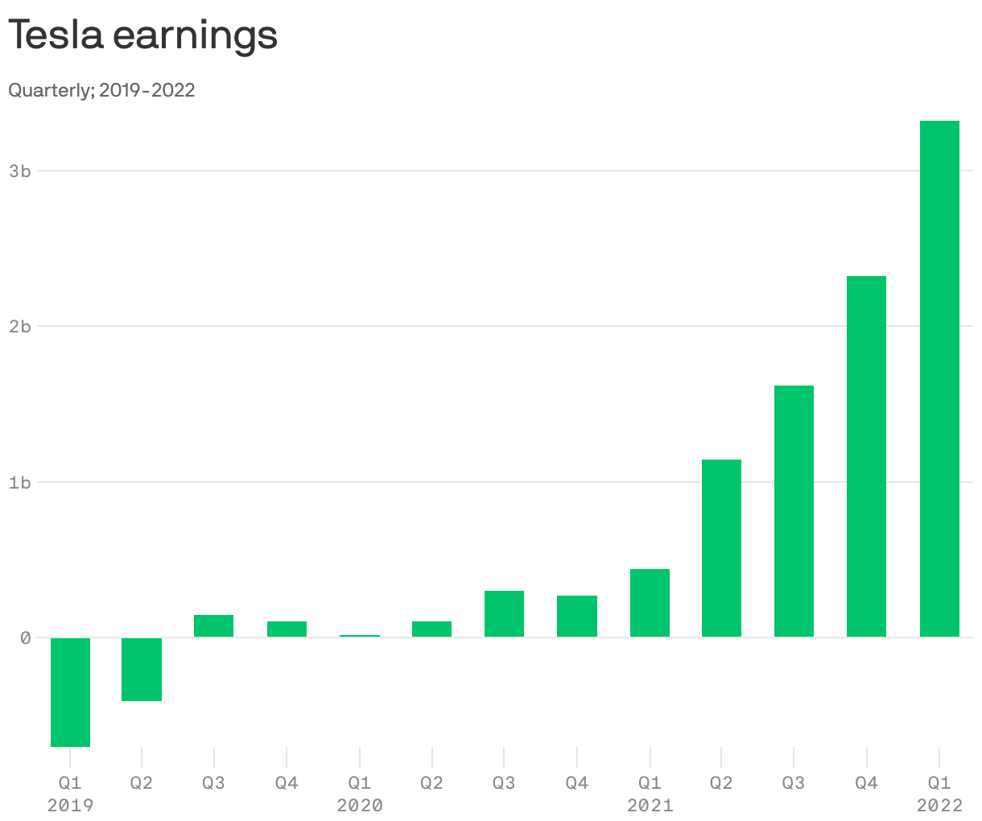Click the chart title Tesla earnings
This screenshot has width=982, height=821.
point(143,35)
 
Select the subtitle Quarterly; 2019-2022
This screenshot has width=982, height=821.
point(101,90)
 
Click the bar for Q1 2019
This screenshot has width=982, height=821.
point(70,692)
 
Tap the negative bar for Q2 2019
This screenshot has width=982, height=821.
point(142,669)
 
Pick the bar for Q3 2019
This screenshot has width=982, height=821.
point(213,626)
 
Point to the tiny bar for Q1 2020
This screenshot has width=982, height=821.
point(359,636)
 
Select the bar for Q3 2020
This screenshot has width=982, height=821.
point(504,614)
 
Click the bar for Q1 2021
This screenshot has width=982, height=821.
point(650,603)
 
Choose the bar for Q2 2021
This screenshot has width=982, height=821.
point(721,548)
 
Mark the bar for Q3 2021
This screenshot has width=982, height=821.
point(794,511)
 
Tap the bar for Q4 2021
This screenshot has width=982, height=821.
point(866,456)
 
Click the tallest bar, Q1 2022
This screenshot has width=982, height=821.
point(939,378)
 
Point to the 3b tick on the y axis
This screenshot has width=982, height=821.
point(20,171)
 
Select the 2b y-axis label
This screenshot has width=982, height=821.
point(20,327)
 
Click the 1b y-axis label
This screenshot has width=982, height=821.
point(20,483)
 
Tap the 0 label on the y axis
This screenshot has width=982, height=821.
point(26,638)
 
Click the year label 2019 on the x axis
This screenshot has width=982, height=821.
point(70,805)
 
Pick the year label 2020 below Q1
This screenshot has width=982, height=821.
point(360,805)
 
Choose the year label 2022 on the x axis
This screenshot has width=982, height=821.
point(939,805)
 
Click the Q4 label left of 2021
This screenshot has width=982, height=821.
point(576,782)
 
